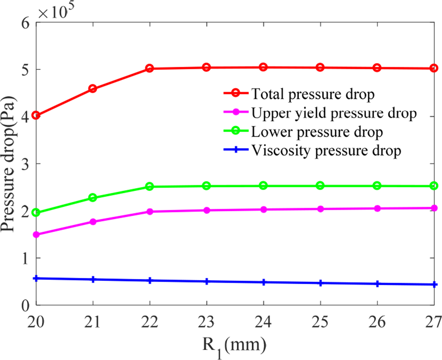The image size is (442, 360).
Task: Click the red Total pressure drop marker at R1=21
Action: [93, 89]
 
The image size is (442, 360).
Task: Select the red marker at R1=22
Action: [150, 69]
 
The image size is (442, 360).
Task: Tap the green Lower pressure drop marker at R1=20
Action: [36, 212]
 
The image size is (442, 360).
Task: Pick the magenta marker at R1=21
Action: [93, 222]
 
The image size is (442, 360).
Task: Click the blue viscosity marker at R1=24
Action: [263, 282]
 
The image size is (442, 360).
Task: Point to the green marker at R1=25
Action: [320, 186]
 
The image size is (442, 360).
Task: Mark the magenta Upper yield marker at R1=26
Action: [377, 209]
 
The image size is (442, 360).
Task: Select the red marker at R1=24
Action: [263, 67]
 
